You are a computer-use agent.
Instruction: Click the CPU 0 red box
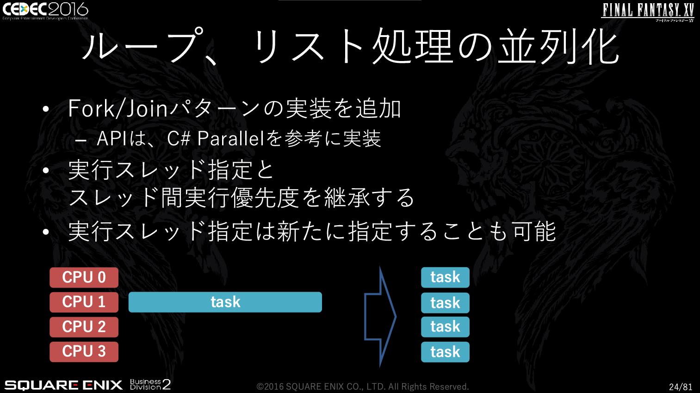(84, 277)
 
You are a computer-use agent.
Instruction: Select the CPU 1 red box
(84, 302)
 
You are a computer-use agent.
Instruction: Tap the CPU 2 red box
(84, 327)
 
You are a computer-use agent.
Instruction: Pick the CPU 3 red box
(84, 351)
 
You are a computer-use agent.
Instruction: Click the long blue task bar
(225, 302)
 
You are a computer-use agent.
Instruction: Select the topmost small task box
(445, 277)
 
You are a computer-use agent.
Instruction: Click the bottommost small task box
(445, 352)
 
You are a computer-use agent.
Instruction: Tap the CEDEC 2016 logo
(45, 11)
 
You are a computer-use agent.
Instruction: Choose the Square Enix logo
(63, 385)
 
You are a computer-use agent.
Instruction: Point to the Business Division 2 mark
(150, 384)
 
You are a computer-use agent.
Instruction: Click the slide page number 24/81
(680, 387)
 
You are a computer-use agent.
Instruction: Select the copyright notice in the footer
(363, 387)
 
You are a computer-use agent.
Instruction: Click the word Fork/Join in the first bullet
(118, 109)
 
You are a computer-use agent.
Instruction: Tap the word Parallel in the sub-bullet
(232, 138)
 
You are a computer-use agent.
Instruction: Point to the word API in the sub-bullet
(112, 138)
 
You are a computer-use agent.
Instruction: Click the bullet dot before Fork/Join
(46, 109)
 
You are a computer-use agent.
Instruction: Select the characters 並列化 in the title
(558, 46)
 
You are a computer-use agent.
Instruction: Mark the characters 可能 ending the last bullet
(534, 232)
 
